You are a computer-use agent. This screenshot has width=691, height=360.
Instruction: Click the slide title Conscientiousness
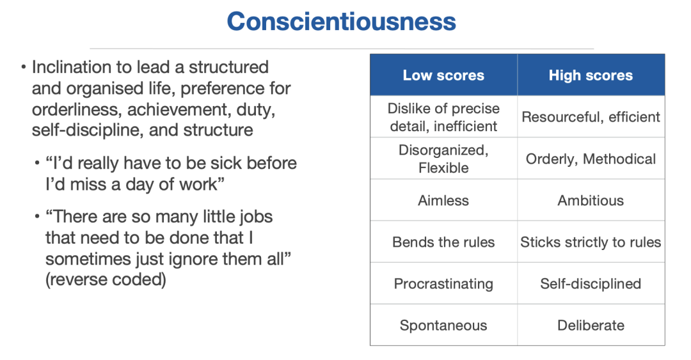tap(341, 22)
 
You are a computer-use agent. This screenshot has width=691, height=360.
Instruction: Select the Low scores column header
tap(443, 75)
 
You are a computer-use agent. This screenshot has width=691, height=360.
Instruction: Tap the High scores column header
tap(591, 75)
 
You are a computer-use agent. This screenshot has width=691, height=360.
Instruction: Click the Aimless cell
tap(443, 201)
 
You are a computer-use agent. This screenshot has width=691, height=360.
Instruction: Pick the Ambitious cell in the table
tap(591, 201)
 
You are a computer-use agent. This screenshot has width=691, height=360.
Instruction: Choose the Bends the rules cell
tap(443, 242)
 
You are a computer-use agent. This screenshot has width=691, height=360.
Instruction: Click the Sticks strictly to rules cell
tap(591, 242)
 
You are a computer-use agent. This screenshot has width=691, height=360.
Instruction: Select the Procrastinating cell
tap(443, 284)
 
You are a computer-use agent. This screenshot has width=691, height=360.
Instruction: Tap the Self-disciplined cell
tap(591, 284)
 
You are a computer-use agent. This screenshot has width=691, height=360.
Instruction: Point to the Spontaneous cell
tap(443, 325)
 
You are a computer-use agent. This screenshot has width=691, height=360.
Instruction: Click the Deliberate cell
tap(591, 325)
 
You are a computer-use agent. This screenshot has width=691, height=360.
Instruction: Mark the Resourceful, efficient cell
tap(591, 117)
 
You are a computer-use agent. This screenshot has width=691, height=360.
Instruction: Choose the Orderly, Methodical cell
tap(591, 159)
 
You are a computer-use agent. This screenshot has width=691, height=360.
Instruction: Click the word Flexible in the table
tap(443, 168)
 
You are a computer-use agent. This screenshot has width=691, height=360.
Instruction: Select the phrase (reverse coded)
tap(106, 280)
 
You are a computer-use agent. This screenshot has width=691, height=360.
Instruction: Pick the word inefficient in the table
tap(465, 127)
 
